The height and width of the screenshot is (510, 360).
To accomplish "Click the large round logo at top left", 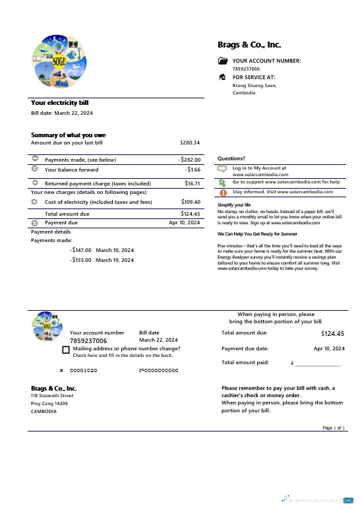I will click(x=59, y=61).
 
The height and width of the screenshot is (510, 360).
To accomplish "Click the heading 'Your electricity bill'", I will click(x=60, y=103).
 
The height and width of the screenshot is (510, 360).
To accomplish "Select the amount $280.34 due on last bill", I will click(x=190, y=143).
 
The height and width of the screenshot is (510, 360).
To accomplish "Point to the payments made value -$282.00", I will click(x=189, y=160).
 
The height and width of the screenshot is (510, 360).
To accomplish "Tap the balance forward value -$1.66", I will click(x=193, y=170).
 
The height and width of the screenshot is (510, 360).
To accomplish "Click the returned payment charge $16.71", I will click(x=193, y=183).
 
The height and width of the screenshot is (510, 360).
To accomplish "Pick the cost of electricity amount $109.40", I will click(x=191, y=202).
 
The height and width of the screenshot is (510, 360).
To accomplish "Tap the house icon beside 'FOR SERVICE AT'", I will click(x=222, y=77).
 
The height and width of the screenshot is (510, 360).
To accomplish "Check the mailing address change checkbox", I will click(x=66, y=350).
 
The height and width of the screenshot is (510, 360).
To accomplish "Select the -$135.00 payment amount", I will click(x=81, y=260).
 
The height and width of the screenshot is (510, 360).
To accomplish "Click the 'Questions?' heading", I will click(x=231, y=158).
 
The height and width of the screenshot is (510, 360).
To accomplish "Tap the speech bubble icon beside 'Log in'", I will click(x=222, y=169).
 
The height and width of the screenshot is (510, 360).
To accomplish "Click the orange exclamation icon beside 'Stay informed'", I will click(x=222, y=192).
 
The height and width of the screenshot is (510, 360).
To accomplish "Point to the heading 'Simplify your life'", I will click(x=234, y=205).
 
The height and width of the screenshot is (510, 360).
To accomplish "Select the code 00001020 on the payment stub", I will click(x=84, y=371).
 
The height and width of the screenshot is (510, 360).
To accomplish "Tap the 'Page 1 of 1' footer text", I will click(x=334, y=428).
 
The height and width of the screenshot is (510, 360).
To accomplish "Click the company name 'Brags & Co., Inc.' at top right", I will click(x=249, y=45).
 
